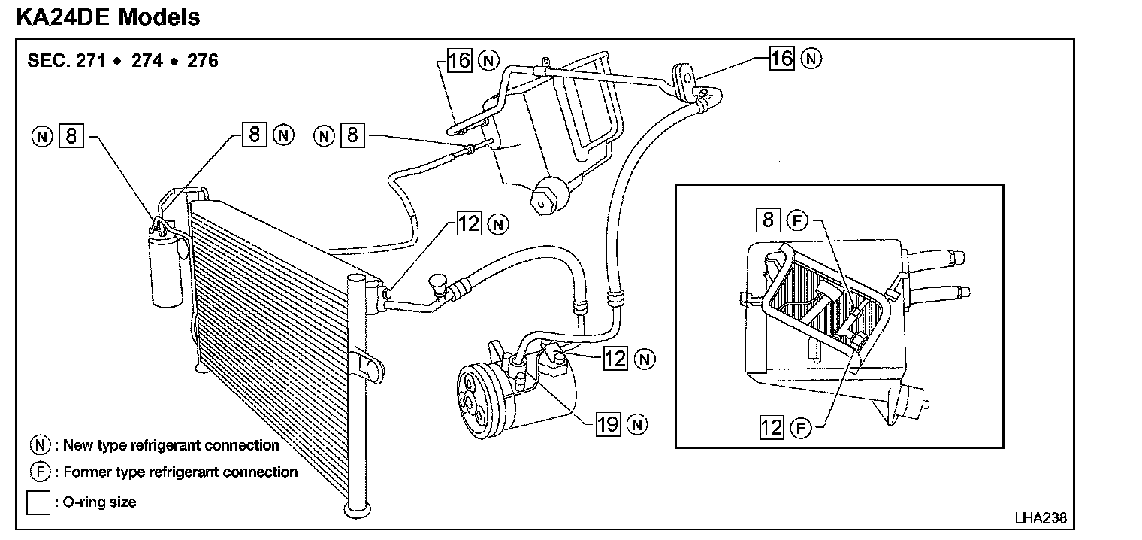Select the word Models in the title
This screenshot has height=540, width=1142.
pos(159,17)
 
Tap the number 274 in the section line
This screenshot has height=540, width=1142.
pos(147,60)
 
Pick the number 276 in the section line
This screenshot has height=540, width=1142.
pos(203,60)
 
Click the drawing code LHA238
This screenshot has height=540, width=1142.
pos(1040,518)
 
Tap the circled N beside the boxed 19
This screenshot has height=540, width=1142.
pos(638,424)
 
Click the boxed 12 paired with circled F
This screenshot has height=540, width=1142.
pos(772,428)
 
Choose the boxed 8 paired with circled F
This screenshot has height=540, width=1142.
pos(767,220)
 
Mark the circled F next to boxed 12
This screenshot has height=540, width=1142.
pos(801,429)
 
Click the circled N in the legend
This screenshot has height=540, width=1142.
pos(39,445)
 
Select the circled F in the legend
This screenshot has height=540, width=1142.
pos(39,472)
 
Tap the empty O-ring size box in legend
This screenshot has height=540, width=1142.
pos(38,502)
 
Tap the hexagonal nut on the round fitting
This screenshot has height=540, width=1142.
pos(542,201)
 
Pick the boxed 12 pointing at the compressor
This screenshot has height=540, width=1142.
pos(615,359)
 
